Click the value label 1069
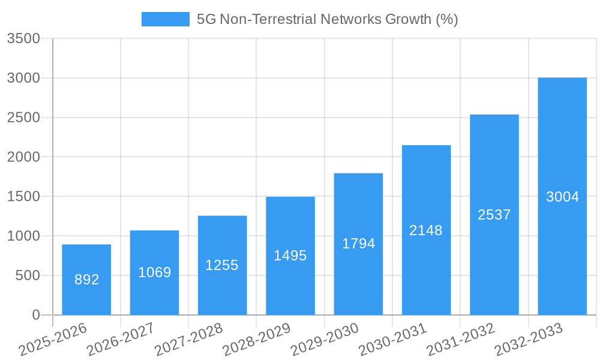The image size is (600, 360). [x=155, y=272]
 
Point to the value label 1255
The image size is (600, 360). [x=222, y=265]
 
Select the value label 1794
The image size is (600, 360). [x=358, y=244]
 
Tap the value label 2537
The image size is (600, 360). [x=494, y=215]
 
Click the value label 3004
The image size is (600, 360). [x=562, y=197]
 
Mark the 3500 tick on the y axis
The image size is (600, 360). [x=23, y=39]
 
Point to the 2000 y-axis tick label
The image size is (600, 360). [x=23, y=157]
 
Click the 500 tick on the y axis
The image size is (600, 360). [x=28, y=275]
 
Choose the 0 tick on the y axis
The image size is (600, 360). [x=36, y=315]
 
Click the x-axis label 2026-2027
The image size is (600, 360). [x=121, y=340]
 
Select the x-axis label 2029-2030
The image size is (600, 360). [x=325, y=340]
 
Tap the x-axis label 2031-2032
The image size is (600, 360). [x=460, y=340]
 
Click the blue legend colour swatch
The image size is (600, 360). [x=165, y=19]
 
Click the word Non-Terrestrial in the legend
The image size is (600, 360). [x=268, y=19]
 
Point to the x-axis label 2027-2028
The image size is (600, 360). [x=188, y=340]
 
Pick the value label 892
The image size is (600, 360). [x=86, y=280]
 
